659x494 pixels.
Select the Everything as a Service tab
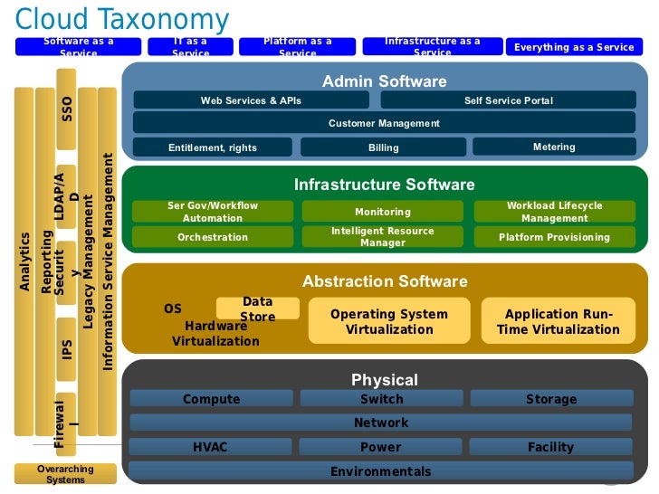[x=574, y=47]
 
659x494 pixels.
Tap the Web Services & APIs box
[x=251, y=100]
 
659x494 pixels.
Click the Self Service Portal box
[x=508, y=100]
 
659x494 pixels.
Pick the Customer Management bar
[x=384, y=123]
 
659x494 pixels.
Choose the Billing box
[x=383, y=147]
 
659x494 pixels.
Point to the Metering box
[x=554, y=147]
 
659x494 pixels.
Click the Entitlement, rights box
[x=213, y=147]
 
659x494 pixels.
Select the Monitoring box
[x=383, y=212]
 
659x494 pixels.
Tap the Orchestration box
[x=213, y=237]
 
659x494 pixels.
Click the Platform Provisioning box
[x=554, y=237]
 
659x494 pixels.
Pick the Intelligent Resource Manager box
[x=383, y=237]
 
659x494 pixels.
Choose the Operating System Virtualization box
[x=388, y=321]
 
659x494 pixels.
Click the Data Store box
[x=257, y=309]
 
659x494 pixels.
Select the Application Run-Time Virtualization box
[x=558, y=321]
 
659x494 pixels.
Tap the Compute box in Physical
[x=212, y=399]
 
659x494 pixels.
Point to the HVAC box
[x=211, y=447]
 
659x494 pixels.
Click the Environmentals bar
[x=381, y=470]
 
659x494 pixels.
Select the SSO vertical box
[x=66, y=117]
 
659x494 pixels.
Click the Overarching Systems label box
[x=65, y=474]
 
